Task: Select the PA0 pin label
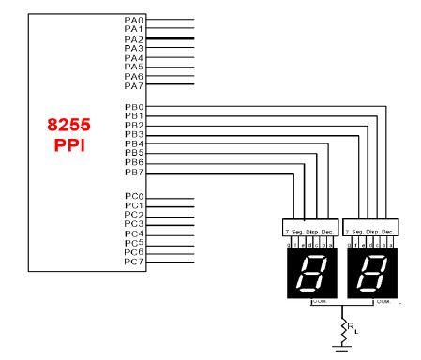134,20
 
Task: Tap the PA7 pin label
134,85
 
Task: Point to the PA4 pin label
134,57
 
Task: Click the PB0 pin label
134,107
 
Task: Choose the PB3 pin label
134,135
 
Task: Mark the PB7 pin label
134,172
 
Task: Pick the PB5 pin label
134,154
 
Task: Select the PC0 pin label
134,197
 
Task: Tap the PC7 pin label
134,262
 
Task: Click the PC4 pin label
134,233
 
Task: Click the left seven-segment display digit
310,273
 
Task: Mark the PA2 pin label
134,38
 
